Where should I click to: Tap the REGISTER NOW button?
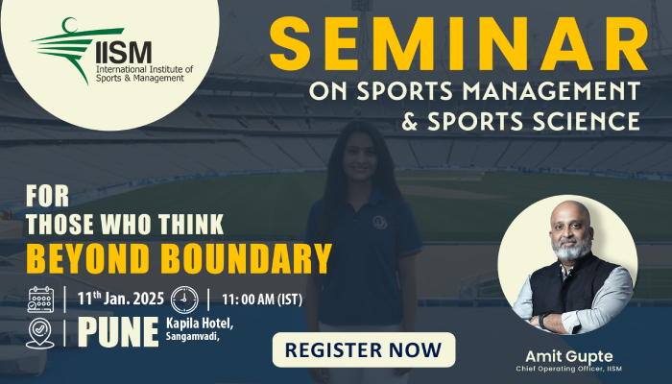(x=364, y=349)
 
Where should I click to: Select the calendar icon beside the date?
(x=41, y=299)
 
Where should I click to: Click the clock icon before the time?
(x=184, y=299)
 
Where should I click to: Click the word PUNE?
(x=117, y=332)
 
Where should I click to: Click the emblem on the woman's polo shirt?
(x=378, y=221)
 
